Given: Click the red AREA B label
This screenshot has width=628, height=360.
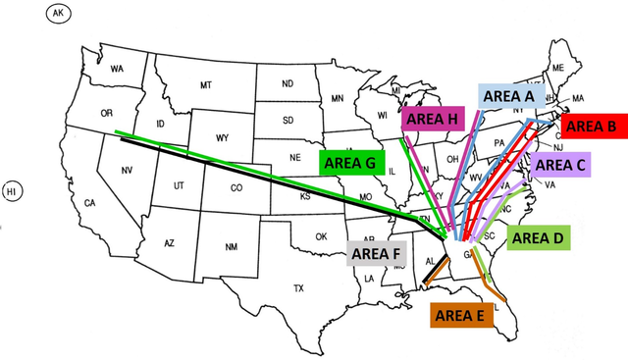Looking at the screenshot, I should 591,126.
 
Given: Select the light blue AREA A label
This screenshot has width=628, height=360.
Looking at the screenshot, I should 508,95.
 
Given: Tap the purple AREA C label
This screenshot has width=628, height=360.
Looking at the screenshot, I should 560,165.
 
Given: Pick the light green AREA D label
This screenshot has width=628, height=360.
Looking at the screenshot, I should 538,237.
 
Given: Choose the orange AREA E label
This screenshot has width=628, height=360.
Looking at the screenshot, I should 458,315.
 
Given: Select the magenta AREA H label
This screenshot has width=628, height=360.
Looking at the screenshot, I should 432,120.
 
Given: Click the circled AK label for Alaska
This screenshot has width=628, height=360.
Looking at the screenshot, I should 58,13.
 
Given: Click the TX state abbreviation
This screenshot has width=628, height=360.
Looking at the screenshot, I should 298,288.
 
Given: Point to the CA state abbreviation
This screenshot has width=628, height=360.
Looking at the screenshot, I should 89,203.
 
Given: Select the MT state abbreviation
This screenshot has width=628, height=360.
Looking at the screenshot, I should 205,85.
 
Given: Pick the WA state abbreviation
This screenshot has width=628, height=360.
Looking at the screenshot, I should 117,69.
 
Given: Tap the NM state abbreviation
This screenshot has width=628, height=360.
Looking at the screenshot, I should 232,246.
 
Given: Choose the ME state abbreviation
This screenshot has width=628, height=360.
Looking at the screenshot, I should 557,68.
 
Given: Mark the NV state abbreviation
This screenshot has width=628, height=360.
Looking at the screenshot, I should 127,171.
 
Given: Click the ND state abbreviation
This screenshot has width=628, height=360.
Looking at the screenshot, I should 287,83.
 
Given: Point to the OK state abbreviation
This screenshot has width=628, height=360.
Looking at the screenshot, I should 321,236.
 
